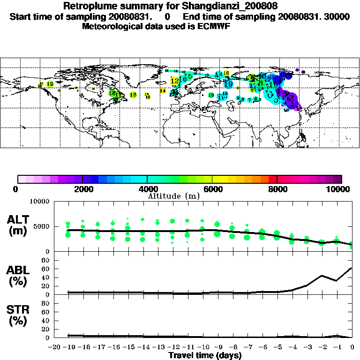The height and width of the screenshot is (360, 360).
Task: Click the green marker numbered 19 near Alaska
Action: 50,84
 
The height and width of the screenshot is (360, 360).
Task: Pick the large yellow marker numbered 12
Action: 175,81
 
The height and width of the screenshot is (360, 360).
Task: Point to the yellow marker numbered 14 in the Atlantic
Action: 163,90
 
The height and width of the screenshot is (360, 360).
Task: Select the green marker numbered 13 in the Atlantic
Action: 133,95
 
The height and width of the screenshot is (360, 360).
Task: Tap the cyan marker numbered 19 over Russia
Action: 229,84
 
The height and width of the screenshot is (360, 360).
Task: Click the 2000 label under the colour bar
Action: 82,189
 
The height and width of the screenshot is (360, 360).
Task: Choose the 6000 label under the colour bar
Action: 212,189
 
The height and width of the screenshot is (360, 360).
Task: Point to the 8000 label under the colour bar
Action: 277,189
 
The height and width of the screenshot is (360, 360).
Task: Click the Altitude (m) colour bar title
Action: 174,196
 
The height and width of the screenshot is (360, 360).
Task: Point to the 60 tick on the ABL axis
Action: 46,268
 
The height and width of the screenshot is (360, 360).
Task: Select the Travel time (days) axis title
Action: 205,355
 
